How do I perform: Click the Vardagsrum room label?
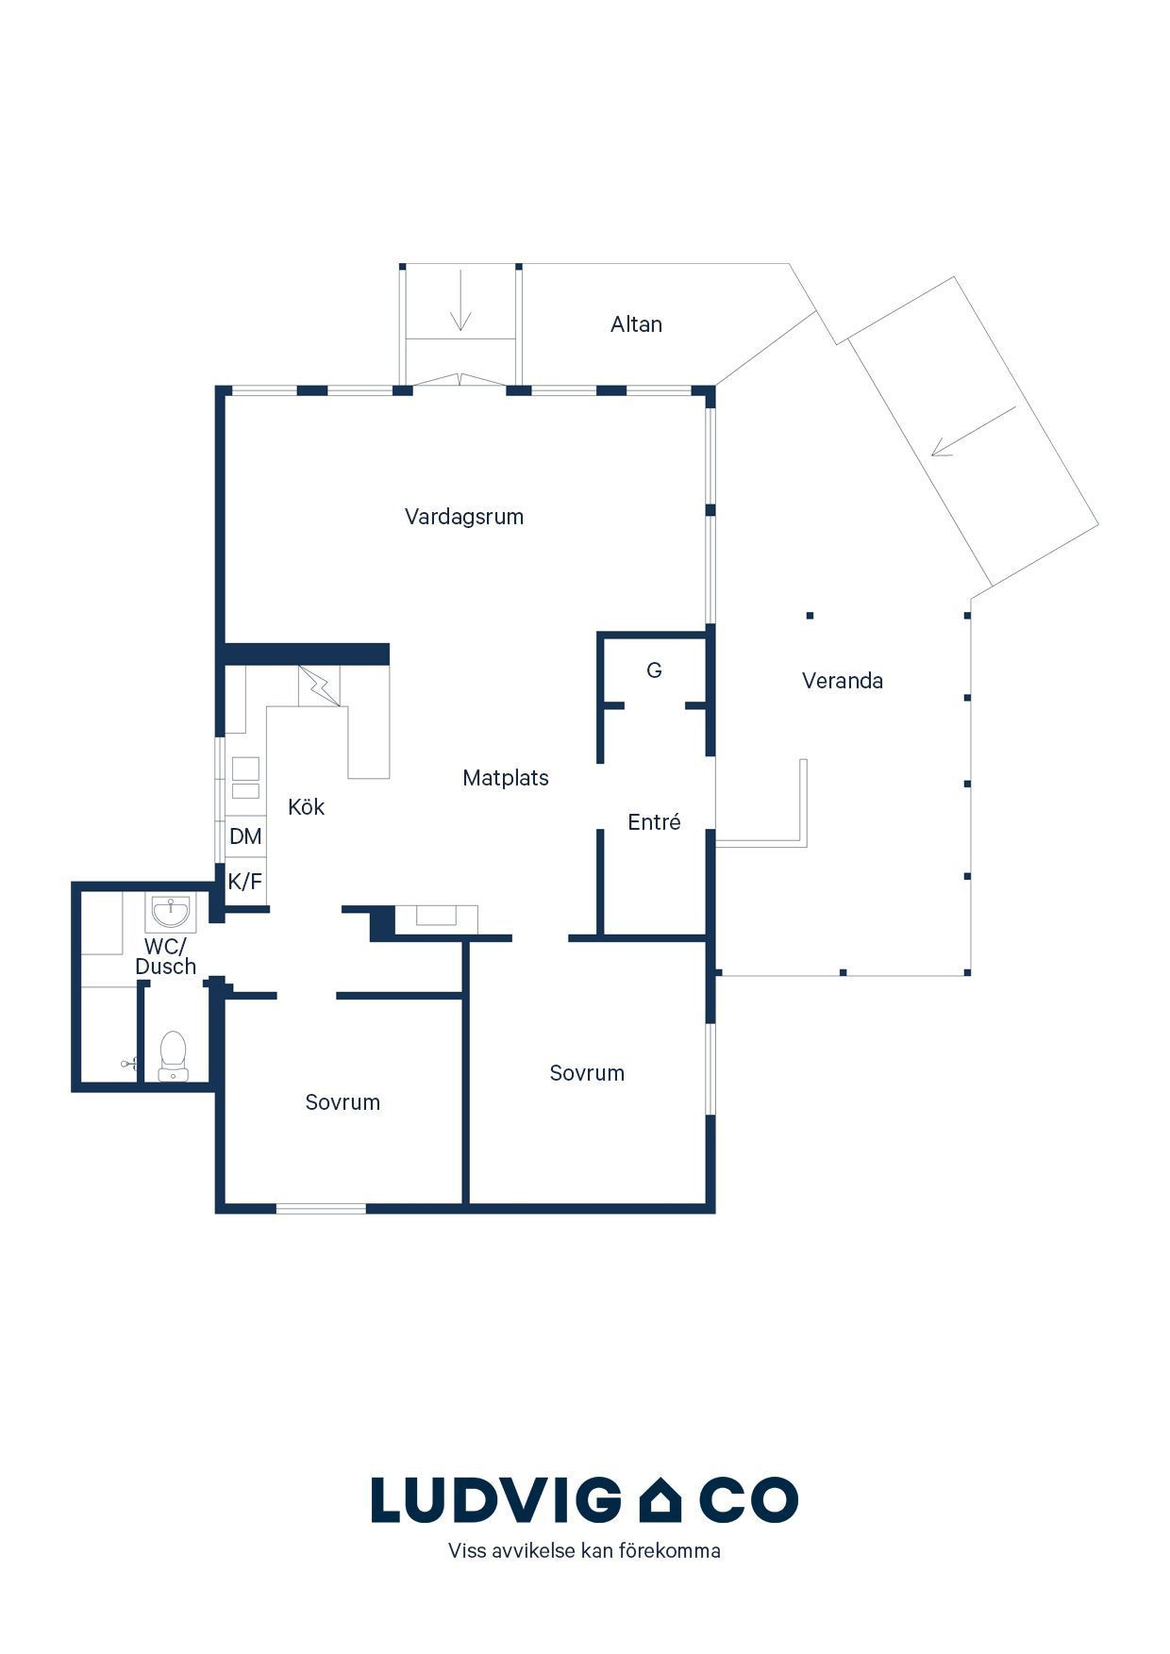464,517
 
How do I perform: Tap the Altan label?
636,324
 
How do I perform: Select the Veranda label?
843,681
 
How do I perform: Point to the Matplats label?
506,778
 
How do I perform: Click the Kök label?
307,806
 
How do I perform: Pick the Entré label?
654,822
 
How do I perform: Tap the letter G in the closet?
654,670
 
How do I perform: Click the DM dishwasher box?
245,836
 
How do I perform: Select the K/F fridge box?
245,883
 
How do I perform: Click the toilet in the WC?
173,1055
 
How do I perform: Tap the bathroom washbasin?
171,912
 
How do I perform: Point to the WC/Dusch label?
166,956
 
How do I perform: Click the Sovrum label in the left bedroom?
343,1102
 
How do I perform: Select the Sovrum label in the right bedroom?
587,1073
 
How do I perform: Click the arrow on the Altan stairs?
460,300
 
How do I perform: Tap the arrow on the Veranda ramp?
974,431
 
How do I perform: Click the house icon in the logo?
660,1500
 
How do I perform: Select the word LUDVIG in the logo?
491,1500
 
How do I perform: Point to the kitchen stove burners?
245,778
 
